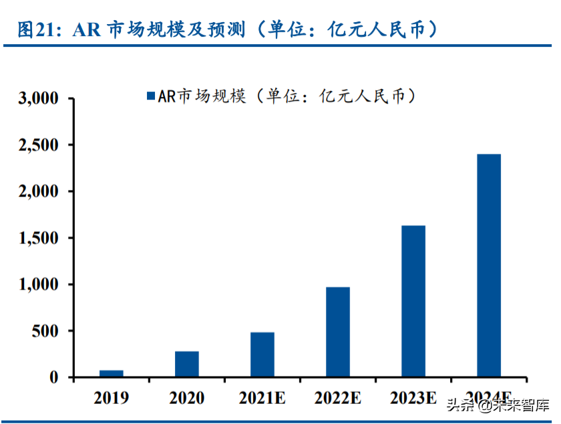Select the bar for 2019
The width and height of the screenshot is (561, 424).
[112, 373]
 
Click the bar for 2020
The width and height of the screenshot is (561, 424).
[187, 364]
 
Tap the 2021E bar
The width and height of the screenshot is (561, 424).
[262, 354]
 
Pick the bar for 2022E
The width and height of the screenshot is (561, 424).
[338, 332]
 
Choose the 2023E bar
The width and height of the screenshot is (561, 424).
[413, 301]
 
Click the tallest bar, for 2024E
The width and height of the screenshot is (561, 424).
[489, 266]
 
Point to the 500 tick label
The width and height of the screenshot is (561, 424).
[46, 331]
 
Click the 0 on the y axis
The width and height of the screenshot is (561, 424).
[55, 378]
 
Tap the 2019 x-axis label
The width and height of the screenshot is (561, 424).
[112, 399]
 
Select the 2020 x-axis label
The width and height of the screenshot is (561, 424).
[187, 399]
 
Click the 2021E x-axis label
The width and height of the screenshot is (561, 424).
[262, 399]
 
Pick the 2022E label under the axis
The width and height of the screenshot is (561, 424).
[338, 399]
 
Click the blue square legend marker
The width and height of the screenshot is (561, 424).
[150, 96]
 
